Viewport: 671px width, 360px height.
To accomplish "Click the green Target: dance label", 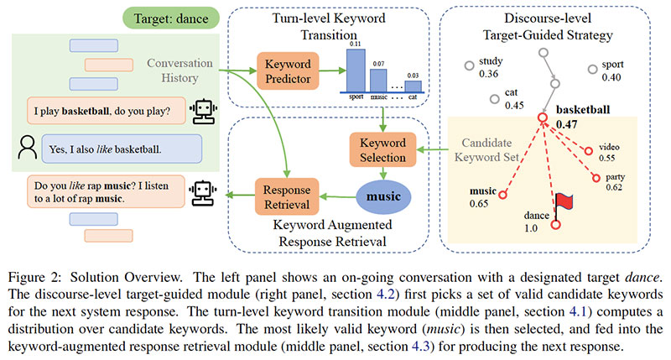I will tap(171, 17).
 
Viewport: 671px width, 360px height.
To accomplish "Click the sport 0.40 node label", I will tap(610, 70).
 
